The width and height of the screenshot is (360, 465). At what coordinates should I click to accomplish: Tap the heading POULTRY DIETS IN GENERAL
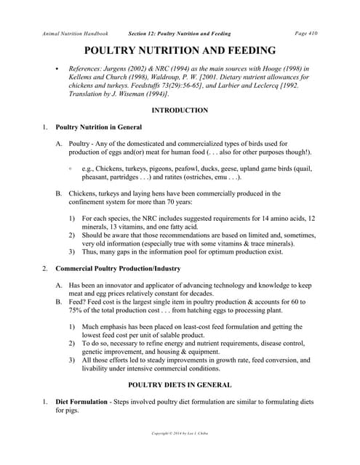click(x=180, y=384)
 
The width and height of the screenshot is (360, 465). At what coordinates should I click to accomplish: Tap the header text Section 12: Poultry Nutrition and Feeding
click(x=180, y=33)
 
